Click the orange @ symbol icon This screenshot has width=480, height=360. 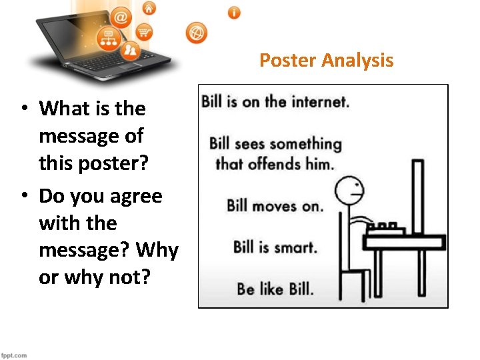click(121, 17)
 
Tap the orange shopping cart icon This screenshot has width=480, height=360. click(143, 31)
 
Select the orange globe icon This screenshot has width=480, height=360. click(197, 32)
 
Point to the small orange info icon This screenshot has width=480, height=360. click(234, 13)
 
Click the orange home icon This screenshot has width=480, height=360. click(149, 8)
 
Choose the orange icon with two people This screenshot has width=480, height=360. click(131, 49)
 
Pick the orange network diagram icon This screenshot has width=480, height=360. click(107, 39)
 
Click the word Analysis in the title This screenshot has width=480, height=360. click(357, 61)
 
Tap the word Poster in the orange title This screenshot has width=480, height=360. click(287, 61)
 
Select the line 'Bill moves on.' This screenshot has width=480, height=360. click(275, 205)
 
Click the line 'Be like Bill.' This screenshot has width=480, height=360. click(275, 289)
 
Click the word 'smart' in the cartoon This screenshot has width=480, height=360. click(295, 247)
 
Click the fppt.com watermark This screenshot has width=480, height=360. click(14, 355)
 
